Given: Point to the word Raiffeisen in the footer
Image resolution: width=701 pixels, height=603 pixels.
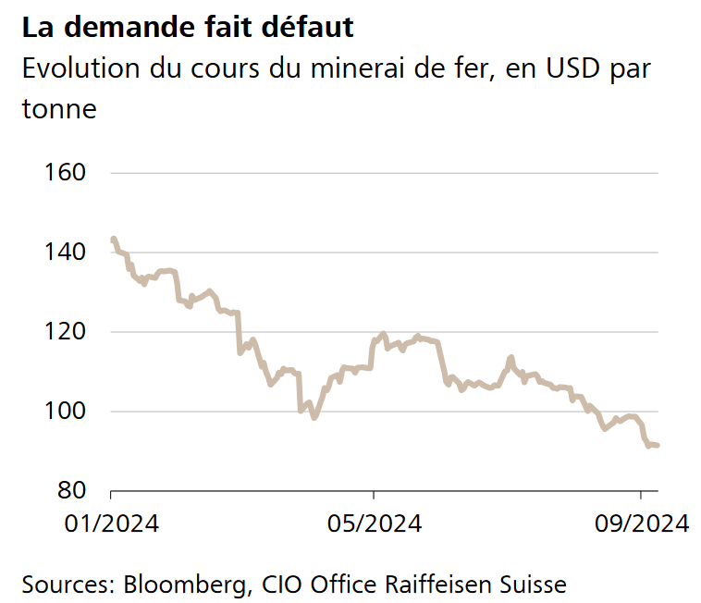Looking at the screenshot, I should click(x=432, y=585).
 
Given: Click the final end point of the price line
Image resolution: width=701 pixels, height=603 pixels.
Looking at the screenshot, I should click(x=657, y=446).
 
